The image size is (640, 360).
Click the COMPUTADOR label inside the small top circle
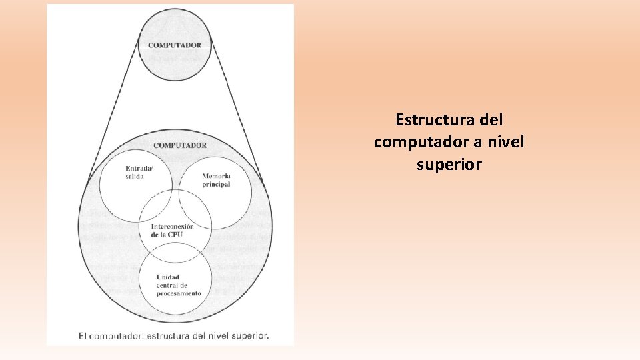coord(175,45)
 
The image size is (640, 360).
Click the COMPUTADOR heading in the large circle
coord(180,145)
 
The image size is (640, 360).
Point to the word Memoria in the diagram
coord(217,176)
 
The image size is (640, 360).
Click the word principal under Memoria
coord(216,184)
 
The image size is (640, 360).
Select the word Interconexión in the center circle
coord(173,227)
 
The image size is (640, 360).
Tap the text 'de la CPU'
coord(167,235)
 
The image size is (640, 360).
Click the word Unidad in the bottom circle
coord(168,277)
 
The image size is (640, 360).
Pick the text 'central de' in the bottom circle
coord(172,285)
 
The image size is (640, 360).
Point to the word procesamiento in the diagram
coord(179,293)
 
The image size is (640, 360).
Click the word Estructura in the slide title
coord(433,120)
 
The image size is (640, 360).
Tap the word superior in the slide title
coord(449,164)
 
